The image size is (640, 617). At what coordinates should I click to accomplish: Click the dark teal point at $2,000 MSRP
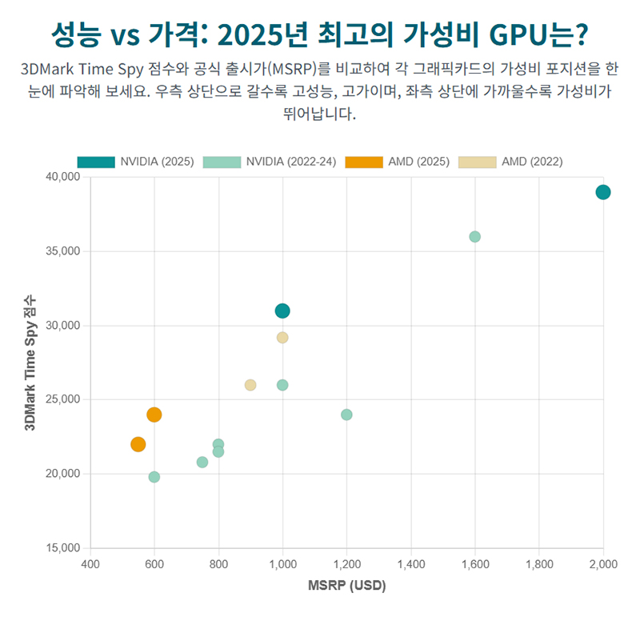click(603, 192)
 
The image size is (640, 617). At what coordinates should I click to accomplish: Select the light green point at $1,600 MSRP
click(474, 237)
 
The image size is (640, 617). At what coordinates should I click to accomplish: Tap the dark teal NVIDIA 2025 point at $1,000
click(282, 311)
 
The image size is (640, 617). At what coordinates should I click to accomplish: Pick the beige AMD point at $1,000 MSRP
click(282, 338)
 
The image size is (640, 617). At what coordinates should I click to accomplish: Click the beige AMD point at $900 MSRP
click(250, 385)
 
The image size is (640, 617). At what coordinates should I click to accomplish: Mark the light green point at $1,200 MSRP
click(346, 415)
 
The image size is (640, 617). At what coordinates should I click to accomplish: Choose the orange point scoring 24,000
click(154, 415)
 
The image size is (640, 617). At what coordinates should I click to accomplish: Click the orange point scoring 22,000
click(138, 444)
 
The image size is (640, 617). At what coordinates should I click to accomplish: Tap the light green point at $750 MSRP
click(202, 462)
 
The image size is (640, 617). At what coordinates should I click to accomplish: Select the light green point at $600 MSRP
click(154, 477)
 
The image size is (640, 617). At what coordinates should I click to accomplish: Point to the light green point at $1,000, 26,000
click(282, 385)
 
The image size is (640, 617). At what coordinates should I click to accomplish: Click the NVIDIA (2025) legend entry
click(136, 162)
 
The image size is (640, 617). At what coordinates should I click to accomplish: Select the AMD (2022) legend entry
click(511, 162)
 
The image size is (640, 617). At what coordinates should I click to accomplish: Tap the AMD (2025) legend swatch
click(364, 162)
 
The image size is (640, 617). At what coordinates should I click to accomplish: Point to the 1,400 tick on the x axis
click(410, 564)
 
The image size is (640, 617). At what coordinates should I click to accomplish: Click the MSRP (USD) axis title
click(346, 586)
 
